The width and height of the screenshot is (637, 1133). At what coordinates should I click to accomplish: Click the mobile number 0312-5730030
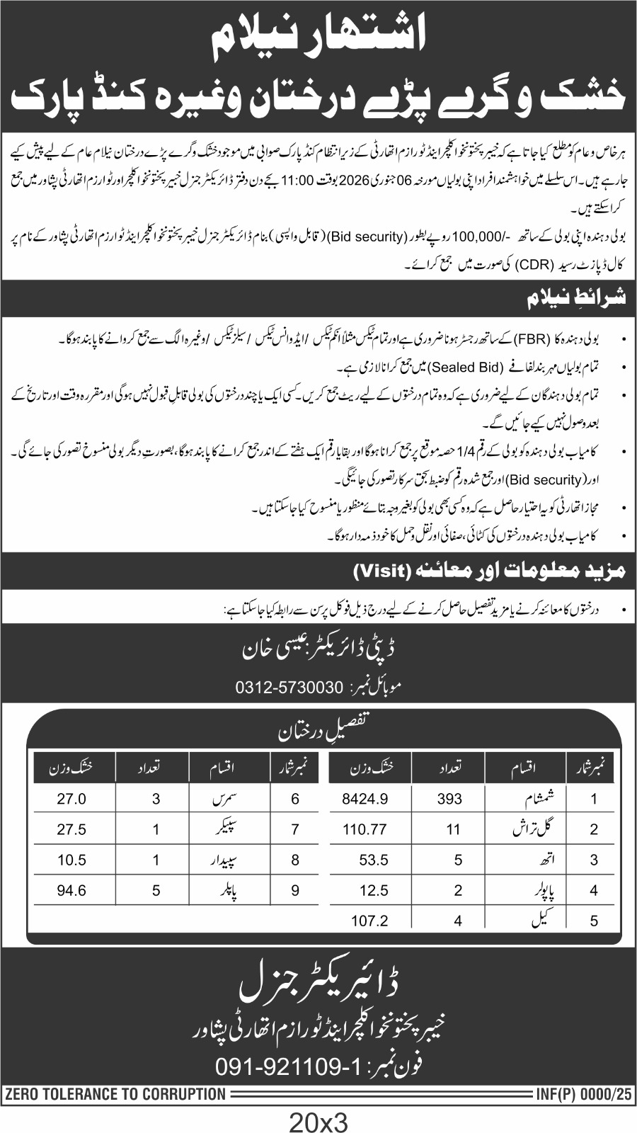pos(288,688)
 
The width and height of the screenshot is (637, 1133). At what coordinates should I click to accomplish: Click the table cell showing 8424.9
pos(365,799)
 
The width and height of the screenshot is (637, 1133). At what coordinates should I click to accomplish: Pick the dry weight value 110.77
pos(365,829)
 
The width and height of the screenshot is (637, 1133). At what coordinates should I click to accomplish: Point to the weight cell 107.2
pos(365,921)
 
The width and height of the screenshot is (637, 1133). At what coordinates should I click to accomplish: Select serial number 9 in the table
pos(295,890)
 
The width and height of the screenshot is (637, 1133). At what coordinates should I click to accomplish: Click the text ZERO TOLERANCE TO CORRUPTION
pos(115,1094)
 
